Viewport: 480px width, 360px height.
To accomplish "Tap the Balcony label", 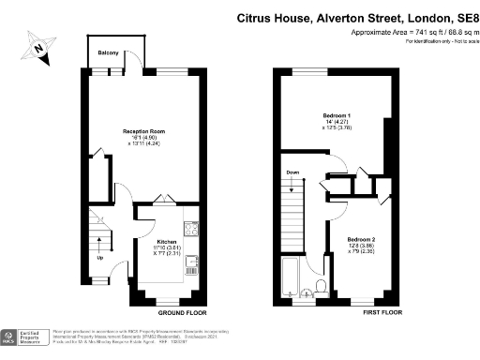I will click(109, 53).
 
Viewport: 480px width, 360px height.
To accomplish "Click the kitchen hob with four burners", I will click(191, 228).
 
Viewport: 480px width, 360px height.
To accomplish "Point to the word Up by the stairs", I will click(99, 257).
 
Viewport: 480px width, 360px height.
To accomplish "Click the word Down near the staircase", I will click(292, 172).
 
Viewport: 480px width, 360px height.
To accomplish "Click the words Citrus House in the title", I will click(272, 17).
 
